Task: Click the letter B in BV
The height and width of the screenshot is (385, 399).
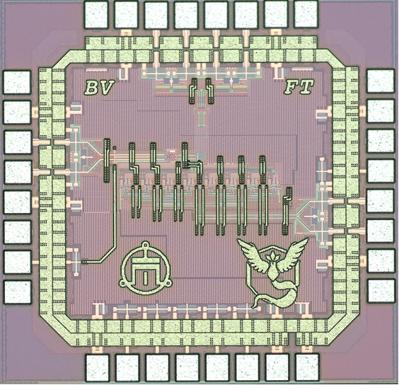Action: point(91,88)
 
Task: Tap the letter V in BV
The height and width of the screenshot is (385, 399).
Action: point(106,87)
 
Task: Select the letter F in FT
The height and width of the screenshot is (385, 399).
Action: point(291,87)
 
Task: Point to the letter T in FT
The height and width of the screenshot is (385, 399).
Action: point(306,86)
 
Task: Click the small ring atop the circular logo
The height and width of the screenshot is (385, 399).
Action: point(145,245)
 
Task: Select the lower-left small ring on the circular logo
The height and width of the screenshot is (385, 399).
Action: point(122,282)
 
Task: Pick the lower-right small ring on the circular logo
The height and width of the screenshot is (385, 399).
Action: point(168,282)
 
